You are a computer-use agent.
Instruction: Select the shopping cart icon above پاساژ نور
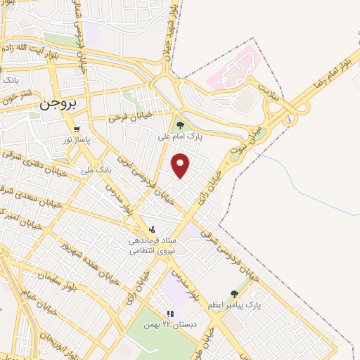coord(77,129)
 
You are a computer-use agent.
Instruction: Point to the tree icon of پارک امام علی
coord(181,125)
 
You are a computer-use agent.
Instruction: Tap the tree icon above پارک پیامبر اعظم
coord(234,295)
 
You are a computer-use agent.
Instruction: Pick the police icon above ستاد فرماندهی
coord(152,229)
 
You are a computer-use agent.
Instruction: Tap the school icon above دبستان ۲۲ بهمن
coord(169,314)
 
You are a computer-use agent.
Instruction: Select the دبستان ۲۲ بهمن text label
coord(169,324)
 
